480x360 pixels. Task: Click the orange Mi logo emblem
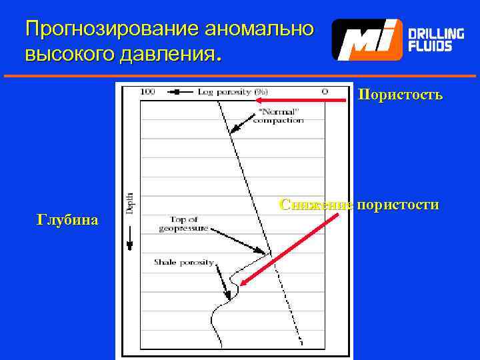pos(367,40)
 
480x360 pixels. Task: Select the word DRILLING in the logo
pos(436,33)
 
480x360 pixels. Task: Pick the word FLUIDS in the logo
pos(430,46)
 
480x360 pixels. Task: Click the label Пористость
pos(400,95)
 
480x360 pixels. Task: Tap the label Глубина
pos(67,220)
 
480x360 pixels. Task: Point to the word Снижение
pos(315,205)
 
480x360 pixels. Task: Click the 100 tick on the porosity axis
pos(148,91)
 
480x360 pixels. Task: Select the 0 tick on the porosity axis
pos(325,91)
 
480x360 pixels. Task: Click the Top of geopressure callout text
pos(184,223)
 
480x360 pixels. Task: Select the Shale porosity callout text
pos(183,262)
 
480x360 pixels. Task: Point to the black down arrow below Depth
pos(129,240)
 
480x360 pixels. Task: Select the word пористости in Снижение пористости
pos(397,205)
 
